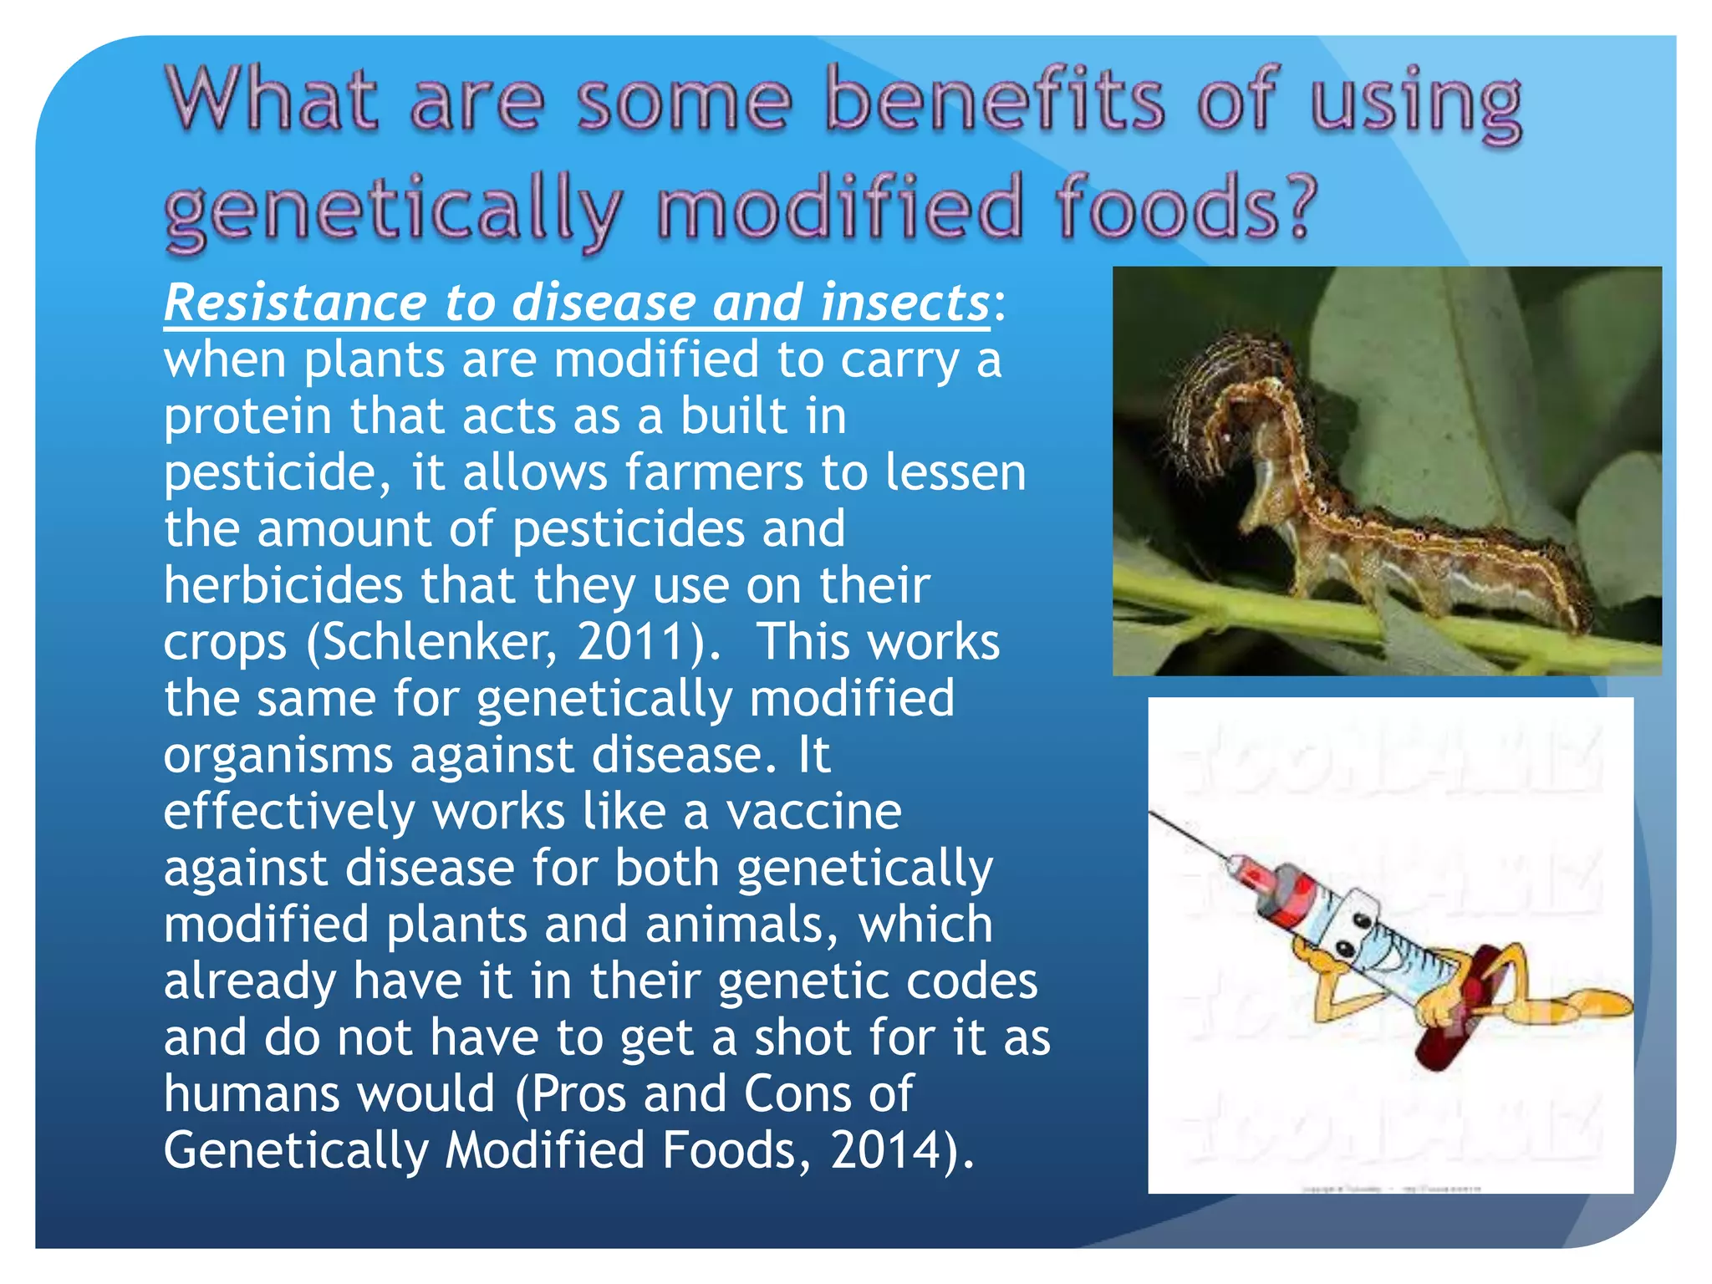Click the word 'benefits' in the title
click(994, 101)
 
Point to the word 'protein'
click(247, 417)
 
